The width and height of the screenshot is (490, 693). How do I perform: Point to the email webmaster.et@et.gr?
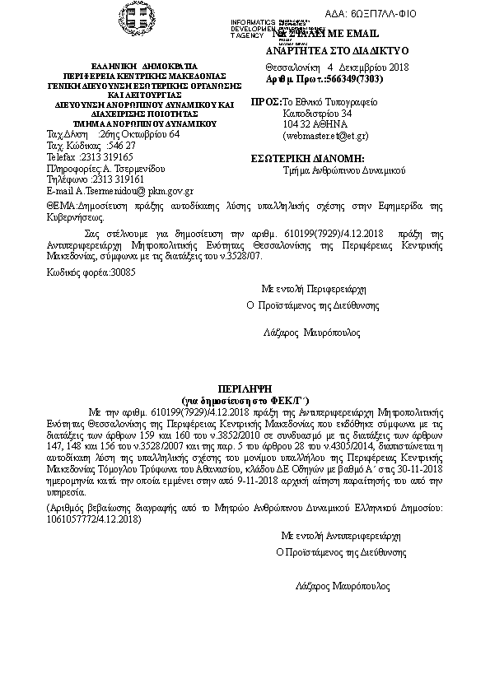click(x=325, y=135)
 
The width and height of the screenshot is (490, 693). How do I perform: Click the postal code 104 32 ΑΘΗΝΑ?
click(x=314, y=123)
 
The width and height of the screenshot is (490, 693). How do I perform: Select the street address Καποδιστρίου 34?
click(x=317, y=113)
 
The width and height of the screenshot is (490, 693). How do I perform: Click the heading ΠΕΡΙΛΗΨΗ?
click(x=244, y=386)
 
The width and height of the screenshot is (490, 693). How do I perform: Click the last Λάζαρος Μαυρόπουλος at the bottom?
click(x=343, y=586)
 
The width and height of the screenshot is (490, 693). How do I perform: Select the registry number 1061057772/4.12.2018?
click(x=92, y=521)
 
